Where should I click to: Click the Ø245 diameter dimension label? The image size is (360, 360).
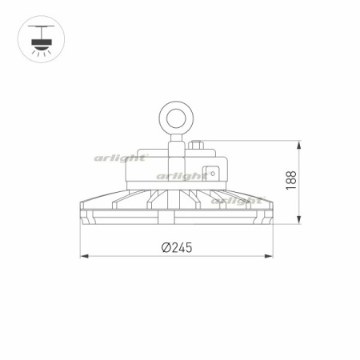(x=177, y=247)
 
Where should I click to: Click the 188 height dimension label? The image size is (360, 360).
(x=291, y=180)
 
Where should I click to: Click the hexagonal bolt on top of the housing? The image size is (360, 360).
(x=196, y=145)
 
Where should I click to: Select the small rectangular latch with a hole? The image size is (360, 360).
(x=210, y=174)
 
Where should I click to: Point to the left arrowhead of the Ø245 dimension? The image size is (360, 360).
(x=84, y=256)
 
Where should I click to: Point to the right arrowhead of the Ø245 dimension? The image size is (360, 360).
(x=269, y=256)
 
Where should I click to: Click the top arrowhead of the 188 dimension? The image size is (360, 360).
(x=299, y=146)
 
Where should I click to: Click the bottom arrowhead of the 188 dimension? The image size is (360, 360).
(x=299, y=219)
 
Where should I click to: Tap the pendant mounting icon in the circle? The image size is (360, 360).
(x=41, y=39)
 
